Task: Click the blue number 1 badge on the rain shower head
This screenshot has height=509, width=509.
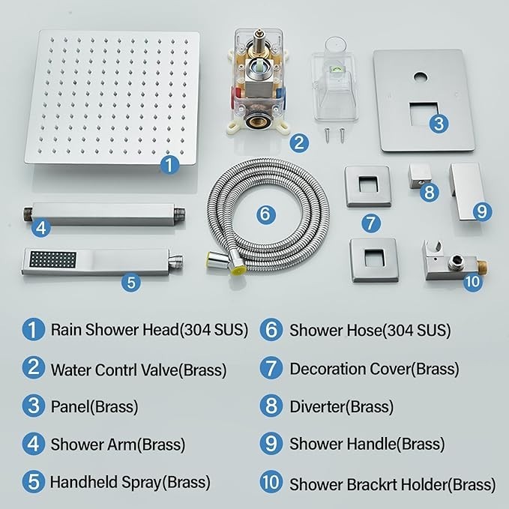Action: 169,164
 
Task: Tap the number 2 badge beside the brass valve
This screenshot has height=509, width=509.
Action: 299,142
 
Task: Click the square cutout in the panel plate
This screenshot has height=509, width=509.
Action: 424,114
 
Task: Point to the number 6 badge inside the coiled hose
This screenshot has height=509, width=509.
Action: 265,214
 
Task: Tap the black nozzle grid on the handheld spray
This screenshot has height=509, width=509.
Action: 52,259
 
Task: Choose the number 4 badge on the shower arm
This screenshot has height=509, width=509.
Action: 41,228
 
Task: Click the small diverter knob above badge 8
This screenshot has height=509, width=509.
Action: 420,175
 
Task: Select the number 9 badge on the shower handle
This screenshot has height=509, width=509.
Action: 482,211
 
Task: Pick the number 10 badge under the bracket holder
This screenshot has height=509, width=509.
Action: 472,281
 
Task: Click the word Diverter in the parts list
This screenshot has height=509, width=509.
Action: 317,406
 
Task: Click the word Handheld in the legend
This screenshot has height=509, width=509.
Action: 84,482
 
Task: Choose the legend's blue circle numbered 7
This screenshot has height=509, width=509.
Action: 271,368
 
